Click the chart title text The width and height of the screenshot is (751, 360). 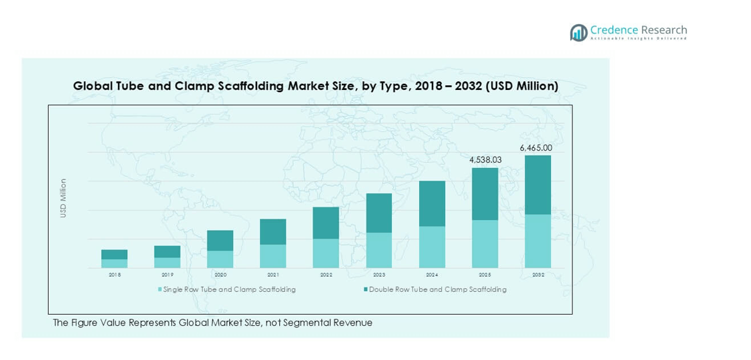tap(315, 86)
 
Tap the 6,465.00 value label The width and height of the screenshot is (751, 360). tap(536, 147)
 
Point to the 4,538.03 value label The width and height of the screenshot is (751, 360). tap(485, 160)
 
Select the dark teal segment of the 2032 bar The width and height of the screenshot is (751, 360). tap(538, 185)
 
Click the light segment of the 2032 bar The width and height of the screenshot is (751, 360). tap(538, 241)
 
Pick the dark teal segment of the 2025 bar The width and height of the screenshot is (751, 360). tap(485, 194)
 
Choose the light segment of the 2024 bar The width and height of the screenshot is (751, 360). tap(432, 247)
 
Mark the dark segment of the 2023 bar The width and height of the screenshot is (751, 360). tap(379, 213)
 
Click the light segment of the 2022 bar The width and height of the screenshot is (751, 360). tap(326, 253)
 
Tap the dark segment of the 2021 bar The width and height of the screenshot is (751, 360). tap(273, 231)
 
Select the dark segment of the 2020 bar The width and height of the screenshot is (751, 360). tap(221, 240)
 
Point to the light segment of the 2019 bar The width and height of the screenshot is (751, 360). tap(167, 263)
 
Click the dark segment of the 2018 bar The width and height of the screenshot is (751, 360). tap(115, 254)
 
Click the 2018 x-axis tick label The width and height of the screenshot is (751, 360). tap(115, 275)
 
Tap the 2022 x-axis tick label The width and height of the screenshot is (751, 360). tap(326, 275)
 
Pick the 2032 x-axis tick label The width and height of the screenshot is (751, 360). tap(538, 275)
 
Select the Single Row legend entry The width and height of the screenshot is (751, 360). tap(227, 289)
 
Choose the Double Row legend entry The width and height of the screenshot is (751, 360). tap(434, 289)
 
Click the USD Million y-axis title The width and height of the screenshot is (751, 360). tap(63, 198)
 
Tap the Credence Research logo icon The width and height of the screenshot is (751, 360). tap(578, 33)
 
